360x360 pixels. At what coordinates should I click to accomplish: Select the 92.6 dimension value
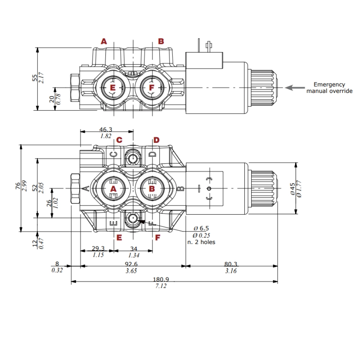[x=132, y=264]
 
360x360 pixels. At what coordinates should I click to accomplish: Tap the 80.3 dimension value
[x=231, y=264]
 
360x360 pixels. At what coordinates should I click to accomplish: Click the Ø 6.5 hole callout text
[x=201, y=228]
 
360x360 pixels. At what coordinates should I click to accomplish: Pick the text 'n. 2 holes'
[x=201, y=242]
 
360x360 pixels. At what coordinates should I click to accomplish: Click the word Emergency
[x=329, y=84]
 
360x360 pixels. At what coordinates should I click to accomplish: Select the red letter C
[x=119, y=140]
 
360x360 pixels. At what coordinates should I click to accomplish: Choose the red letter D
[x=156, y=140]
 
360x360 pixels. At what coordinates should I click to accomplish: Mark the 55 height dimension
[x=35, y=78]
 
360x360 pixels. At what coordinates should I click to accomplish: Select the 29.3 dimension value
[x=98, y=248]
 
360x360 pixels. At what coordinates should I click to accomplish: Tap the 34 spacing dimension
[x=133, y=248]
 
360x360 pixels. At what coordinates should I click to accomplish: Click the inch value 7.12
[x=161, y=286]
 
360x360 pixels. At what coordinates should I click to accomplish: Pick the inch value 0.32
[x=57, y=270]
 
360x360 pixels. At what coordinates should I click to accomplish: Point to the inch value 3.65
[x=131, y=271]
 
